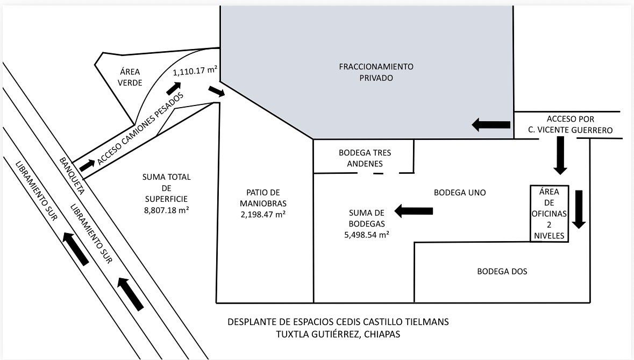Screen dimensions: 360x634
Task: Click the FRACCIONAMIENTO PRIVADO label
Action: coord(376,72)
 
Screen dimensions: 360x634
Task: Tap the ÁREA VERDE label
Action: coord(131,77)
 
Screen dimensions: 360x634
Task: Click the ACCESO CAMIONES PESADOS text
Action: coord(141,128)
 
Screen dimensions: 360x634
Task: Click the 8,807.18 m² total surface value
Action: coord(166,210)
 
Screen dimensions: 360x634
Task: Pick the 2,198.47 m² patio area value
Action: coord(263,214)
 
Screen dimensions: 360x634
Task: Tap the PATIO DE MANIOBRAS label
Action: coord(263,198)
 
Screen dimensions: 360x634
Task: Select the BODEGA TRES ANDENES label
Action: coord(365,158)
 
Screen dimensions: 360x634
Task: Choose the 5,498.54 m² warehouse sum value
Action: coord(365,235)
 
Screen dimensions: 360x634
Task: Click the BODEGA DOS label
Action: coord(502,271)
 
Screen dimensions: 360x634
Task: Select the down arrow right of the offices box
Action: coord(579,209)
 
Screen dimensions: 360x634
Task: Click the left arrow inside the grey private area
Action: coord(491,125)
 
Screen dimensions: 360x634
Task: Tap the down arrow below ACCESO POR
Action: coord(560,155)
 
